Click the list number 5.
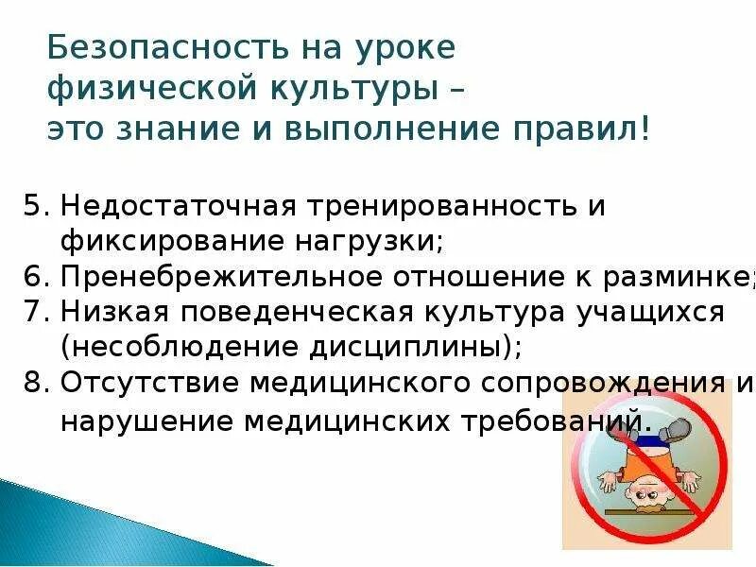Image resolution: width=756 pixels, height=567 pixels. tap(32, 206)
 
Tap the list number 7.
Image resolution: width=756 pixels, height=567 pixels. tap(32, 311)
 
